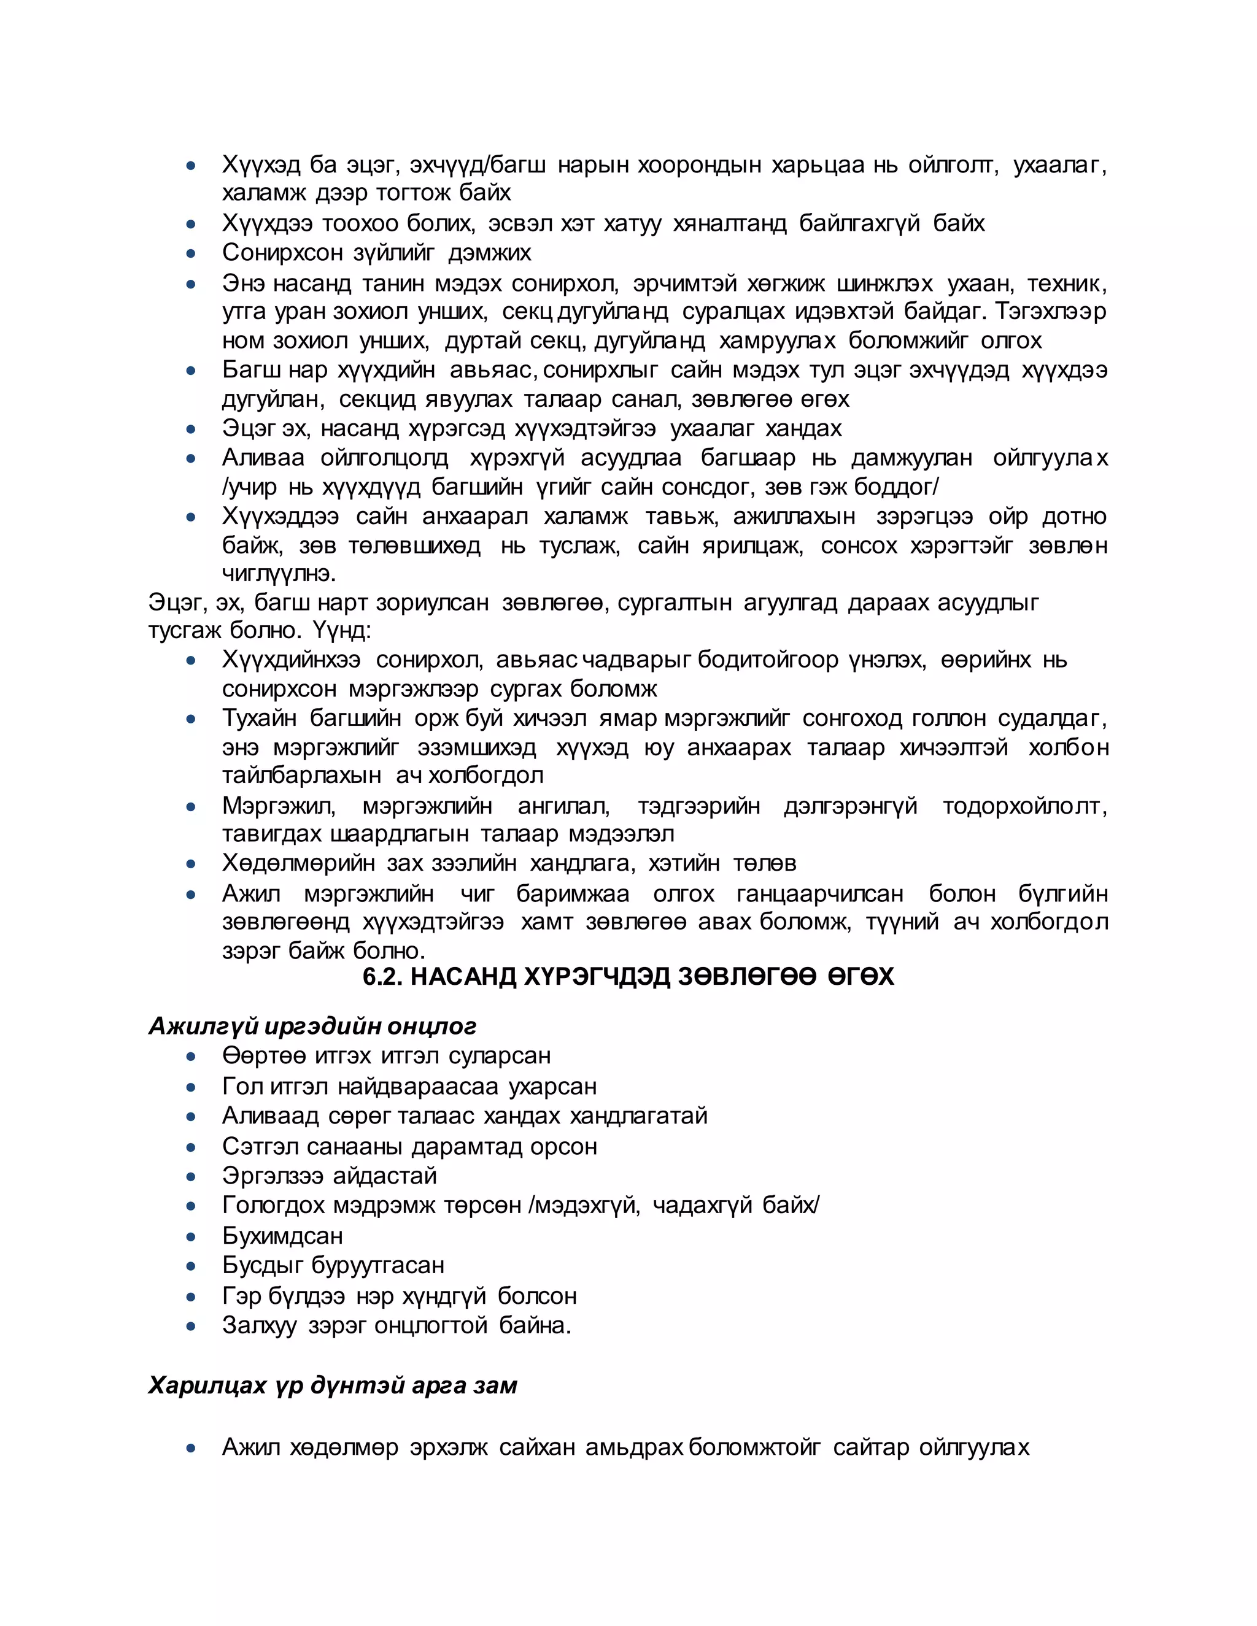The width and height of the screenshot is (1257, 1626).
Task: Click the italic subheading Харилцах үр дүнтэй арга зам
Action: [x=332, y=1385]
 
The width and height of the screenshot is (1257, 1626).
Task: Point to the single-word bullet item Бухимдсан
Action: [x=282, y=1236]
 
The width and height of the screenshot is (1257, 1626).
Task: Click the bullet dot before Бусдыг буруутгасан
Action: [x=191, y=1266]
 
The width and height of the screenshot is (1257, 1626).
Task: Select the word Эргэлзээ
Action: [x=272, y=1176]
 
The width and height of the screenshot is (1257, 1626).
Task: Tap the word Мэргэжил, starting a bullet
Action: [x=279, y=806]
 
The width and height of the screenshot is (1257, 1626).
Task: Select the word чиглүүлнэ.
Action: [x=279, y=574]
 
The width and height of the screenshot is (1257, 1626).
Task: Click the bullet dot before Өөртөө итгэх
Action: [x=191, y=1057]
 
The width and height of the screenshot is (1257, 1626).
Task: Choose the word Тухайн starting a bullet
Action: [x=259, y=719]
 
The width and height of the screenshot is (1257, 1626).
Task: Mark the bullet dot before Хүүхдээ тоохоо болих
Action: [x=191, y=223]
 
